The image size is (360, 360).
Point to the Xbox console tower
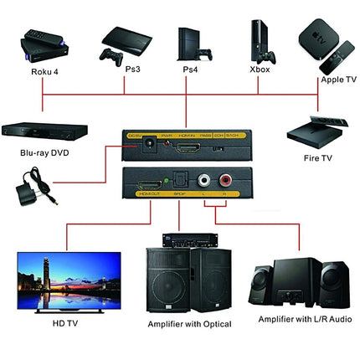click(258, 38)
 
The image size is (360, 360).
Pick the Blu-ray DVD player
click(40, 131)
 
